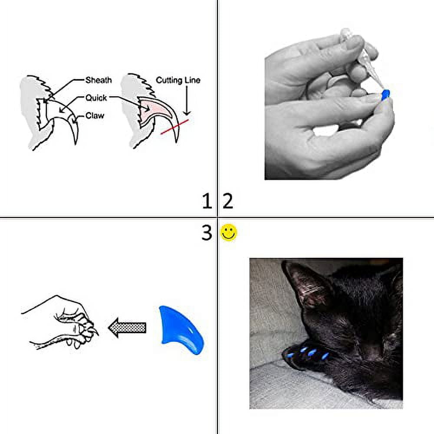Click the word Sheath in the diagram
point(99,80)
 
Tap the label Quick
point(96,98)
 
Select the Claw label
point(95,116)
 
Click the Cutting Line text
point(178,80)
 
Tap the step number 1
point(207,201)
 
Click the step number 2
point(228,201)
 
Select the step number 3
point(207,233)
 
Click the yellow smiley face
point(229,233)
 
